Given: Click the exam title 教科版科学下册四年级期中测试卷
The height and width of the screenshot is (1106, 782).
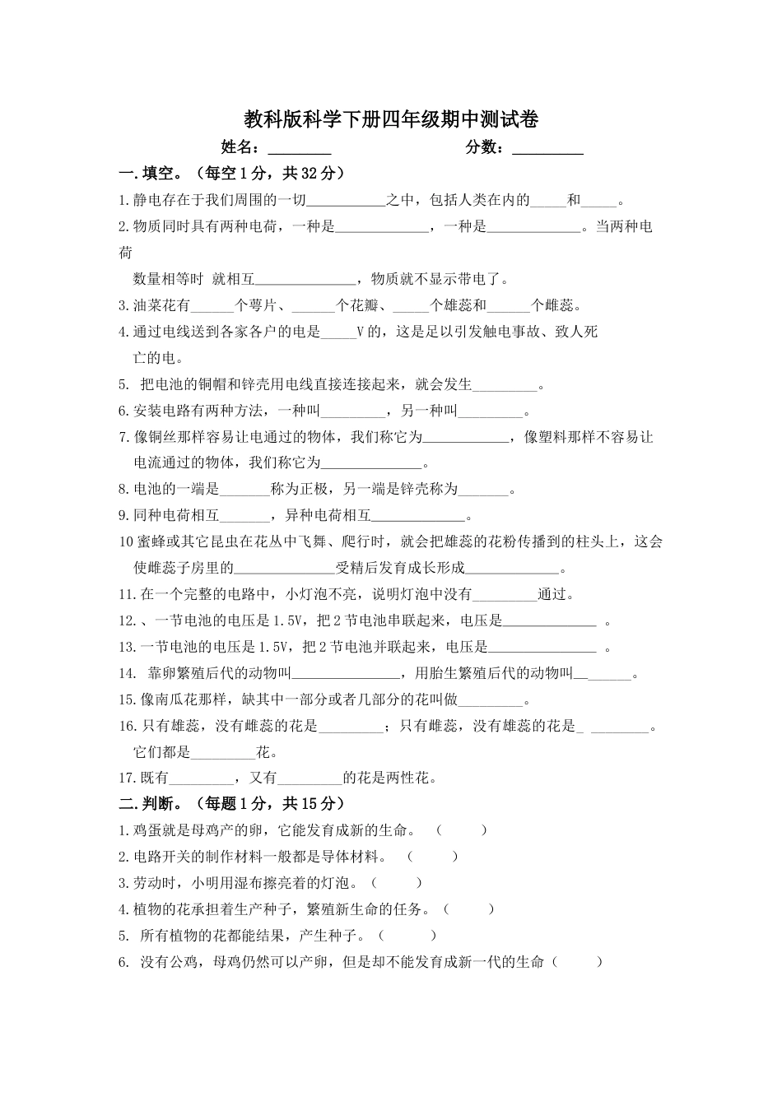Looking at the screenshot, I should (391, 120).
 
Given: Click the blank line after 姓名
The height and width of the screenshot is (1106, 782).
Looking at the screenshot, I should (300, 149).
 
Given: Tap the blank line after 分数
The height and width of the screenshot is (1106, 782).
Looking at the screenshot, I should (547, 149).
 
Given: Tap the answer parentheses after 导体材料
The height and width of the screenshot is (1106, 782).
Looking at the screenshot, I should (432, 857).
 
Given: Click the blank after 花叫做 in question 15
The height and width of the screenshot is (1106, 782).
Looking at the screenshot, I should (491, 701).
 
